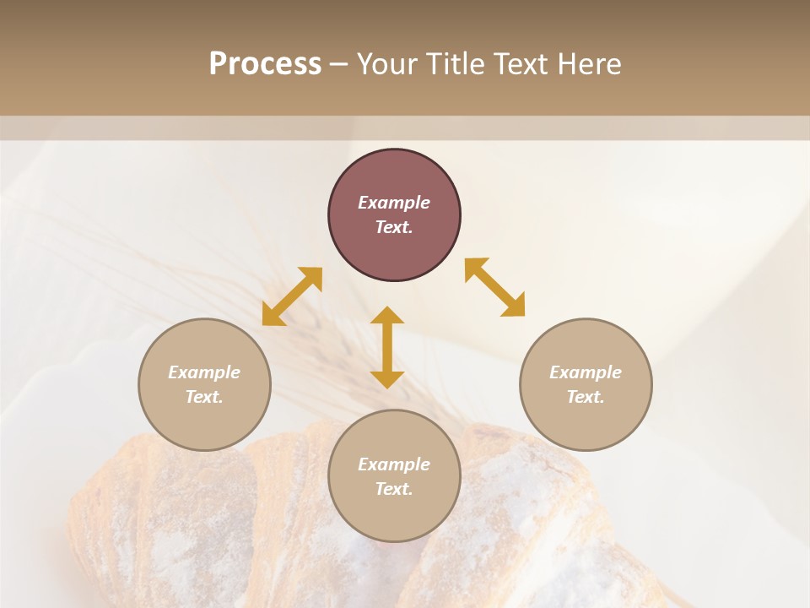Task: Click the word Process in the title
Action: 265,64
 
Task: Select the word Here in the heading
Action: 588,64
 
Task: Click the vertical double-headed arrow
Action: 387,347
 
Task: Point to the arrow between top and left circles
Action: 292,296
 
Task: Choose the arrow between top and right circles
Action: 494,287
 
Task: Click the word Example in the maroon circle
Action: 394,203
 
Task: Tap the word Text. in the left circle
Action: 204,397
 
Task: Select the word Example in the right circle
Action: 586,372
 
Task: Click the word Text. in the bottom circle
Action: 394,489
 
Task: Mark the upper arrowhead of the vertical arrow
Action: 387,315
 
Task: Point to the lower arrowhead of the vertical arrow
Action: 387,379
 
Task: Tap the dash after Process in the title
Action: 338,64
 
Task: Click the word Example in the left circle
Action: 204,372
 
